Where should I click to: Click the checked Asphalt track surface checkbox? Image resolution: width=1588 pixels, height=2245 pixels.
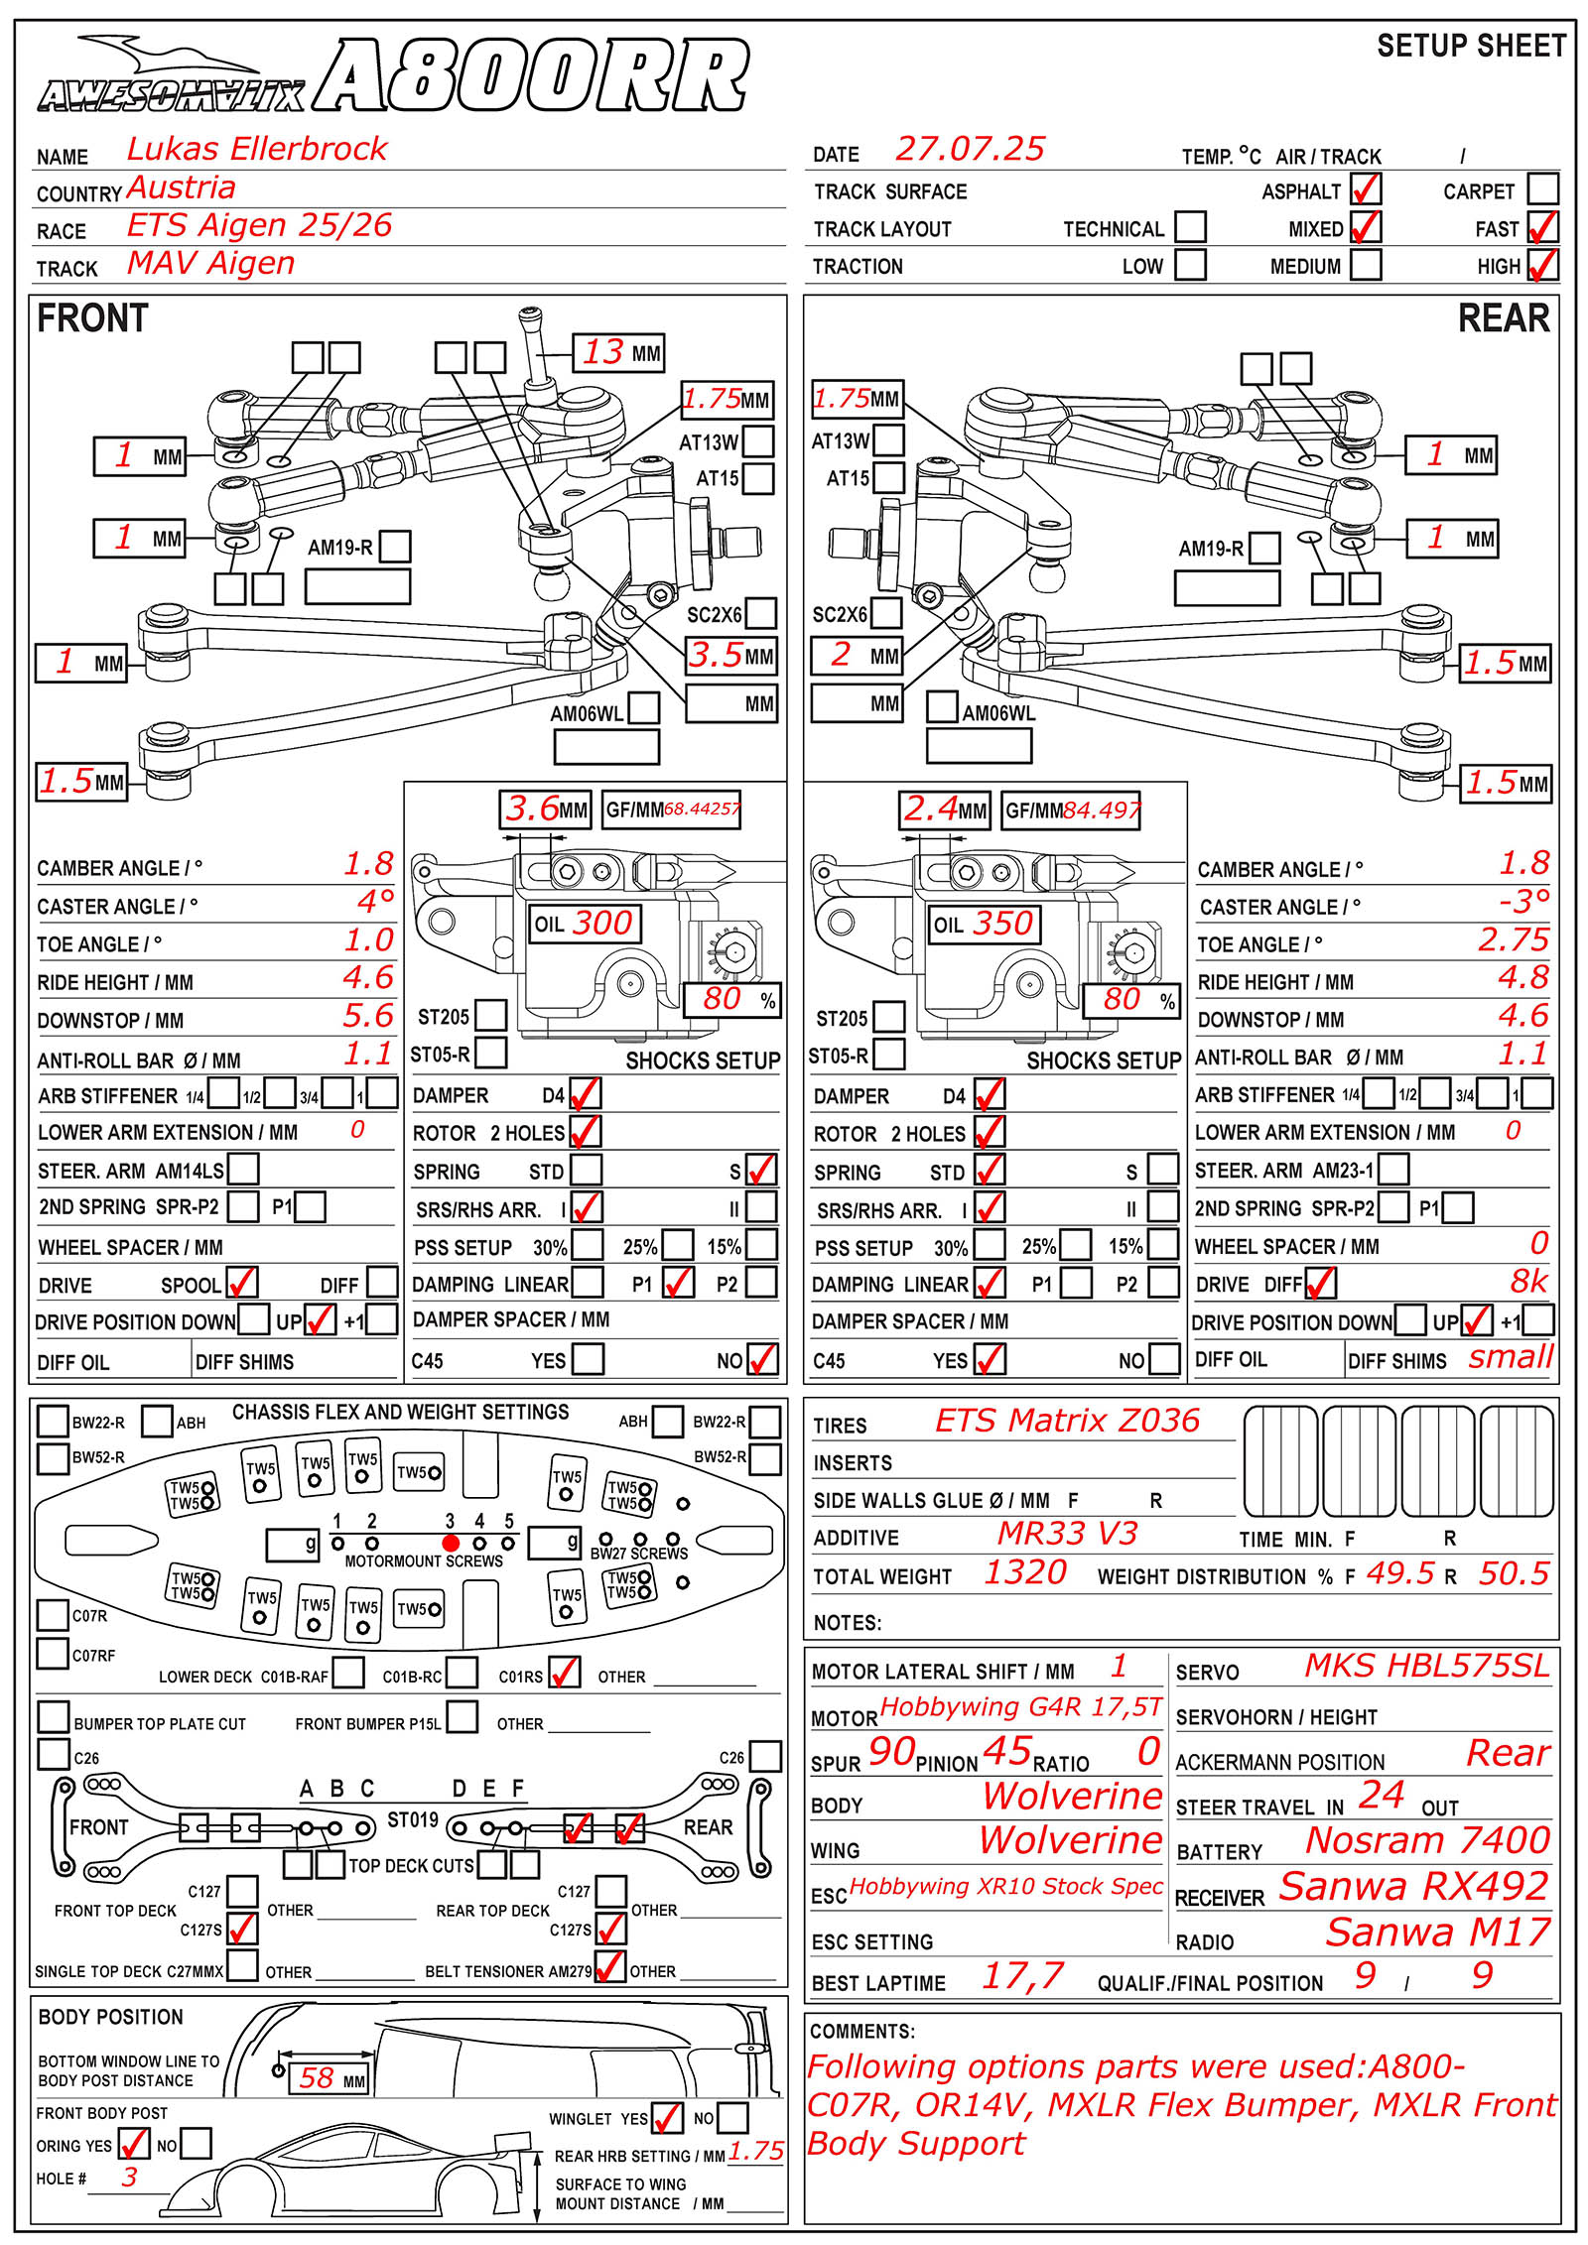click(x=1366, y=188)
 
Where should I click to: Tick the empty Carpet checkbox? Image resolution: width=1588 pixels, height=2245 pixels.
click(x=1543, y=188)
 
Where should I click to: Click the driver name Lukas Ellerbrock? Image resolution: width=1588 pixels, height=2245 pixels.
click(x=256, y=149)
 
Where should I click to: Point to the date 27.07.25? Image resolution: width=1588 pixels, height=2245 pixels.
click(x=970, y=149)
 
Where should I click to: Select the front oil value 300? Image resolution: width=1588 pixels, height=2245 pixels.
click(x=601, y=923)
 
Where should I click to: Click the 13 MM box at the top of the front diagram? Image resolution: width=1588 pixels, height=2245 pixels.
click(x=619, y=352)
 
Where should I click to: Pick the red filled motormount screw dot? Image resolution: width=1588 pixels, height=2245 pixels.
click(x=451, y=1543)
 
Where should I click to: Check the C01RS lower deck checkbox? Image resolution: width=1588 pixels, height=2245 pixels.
click(x=565, y=1672)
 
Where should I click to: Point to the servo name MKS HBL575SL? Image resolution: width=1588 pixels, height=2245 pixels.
click(x=1426, y=1666)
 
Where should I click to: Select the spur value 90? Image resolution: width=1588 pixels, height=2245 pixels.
click(x=891, y=1752)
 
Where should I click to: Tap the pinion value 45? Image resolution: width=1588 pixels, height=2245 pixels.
click(x=1007, y=1751)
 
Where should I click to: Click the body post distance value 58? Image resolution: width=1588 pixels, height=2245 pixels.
click(x=317, y=2077)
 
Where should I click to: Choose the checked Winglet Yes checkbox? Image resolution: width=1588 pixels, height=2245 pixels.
click(x=667, y=2117)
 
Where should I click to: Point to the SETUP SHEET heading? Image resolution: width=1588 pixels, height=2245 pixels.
click(x=1471, y=46)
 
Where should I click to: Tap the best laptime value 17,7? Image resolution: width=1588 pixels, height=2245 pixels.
click(x=1022, y=1975)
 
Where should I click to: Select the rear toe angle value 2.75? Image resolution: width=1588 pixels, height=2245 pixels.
click(x=1513, y=939)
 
